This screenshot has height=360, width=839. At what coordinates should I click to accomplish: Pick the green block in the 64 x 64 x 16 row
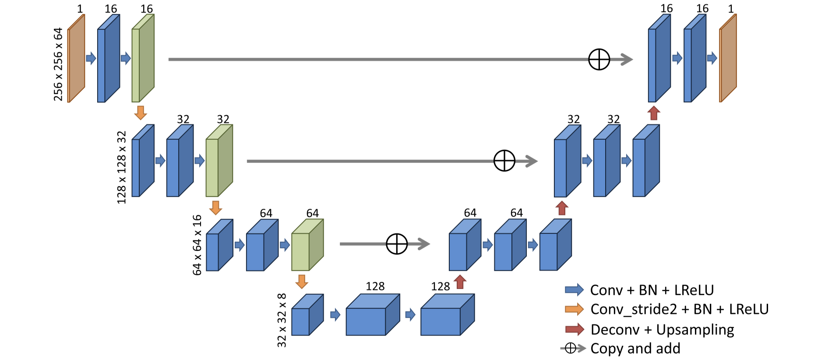(307, 245)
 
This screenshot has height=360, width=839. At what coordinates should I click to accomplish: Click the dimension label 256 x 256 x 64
(58, 64)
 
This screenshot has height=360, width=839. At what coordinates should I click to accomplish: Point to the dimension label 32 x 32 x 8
(282, 320)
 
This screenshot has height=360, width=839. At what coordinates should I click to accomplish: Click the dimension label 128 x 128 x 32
(122, 167)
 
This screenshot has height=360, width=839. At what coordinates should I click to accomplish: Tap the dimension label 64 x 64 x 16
(197, 245)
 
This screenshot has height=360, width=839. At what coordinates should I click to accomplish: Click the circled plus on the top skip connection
(599, 59)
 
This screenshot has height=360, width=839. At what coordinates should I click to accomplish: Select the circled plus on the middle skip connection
(504, 161)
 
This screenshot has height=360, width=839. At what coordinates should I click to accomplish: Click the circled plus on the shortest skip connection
(397, 244)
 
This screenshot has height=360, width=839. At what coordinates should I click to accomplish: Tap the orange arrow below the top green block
(140, 113)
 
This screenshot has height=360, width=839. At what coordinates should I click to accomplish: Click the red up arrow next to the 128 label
(460, 282)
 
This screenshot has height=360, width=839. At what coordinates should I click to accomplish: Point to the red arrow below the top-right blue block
(654, 113)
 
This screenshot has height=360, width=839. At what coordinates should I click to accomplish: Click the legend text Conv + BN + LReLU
(652, 290)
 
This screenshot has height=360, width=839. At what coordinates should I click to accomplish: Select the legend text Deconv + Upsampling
(662, 329)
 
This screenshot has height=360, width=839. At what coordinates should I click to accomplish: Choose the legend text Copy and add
(635, 349)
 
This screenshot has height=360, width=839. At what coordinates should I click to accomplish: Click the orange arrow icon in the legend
(574, 309)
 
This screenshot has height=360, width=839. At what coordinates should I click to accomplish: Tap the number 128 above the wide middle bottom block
(375, 286)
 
